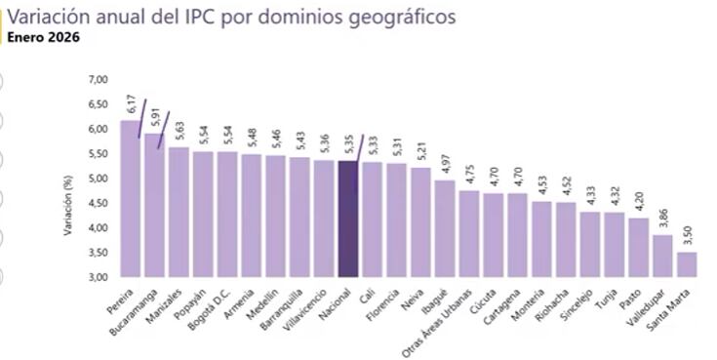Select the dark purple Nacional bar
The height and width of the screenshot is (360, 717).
click(347, 220)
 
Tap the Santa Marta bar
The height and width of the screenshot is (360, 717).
click(687, 264)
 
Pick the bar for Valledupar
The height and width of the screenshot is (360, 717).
click(662, 256)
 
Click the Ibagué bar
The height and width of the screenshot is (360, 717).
click(444, 229)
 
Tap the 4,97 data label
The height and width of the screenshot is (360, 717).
click(446, 164)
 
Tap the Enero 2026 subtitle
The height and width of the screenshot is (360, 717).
click(43, 38)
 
